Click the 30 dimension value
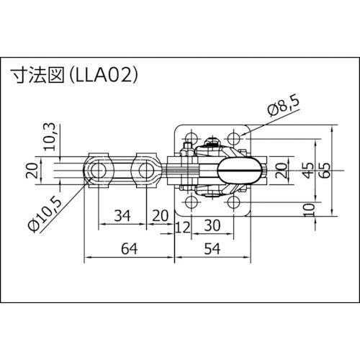tap(211, 225)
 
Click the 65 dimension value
tap(326, 171)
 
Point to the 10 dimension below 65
tap(308, 210)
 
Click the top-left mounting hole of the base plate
tap(190, 137)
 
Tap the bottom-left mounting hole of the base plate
tap(190, 204)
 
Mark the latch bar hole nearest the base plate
tap(147, 171)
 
